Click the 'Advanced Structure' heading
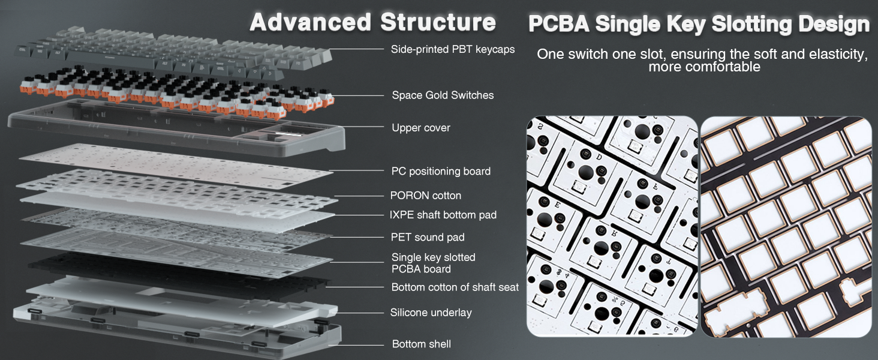pos(372,22)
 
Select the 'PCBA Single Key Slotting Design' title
pos(699,24)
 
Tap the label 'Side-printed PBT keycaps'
pos(453,49)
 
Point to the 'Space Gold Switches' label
pos(443,95)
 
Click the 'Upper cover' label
pos(420,127)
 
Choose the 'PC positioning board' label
pos(441,171)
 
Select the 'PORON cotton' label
pos(426,195)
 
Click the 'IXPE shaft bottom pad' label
pos(443,214)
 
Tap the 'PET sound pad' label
pos(428,237)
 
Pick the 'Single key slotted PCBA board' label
pos(433,263)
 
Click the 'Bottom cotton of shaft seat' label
pos(455,287)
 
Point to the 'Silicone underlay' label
pos(431,312)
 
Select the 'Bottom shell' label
pos(421,344)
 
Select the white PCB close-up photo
pos(612,226)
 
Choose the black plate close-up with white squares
pos(786,226)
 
